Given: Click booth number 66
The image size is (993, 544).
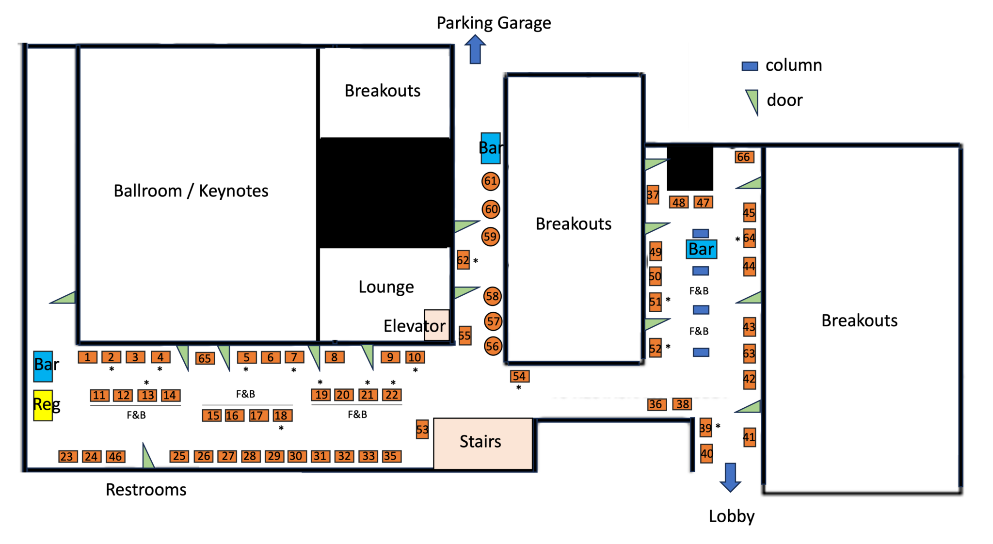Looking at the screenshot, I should pos(743,157).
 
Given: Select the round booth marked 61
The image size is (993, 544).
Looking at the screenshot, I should pos(490,181).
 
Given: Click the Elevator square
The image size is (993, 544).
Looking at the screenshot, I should pos(436,325).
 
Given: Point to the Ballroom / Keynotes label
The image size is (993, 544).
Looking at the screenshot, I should pos(191,191).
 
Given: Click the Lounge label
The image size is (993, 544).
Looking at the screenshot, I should pos(386,287).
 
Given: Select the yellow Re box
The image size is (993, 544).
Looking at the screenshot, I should pos(43,405).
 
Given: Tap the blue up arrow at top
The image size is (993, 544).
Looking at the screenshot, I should pos(475,49).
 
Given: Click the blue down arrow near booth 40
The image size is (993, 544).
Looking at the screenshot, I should pos(730,477).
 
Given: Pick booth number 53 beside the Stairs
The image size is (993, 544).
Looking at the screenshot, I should pos(422,430).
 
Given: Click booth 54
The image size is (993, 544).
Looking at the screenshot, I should pos(519,376).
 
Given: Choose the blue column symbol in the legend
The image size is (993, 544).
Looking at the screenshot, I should pos(750,66).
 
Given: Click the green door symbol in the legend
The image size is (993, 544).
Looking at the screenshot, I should pos(753,101).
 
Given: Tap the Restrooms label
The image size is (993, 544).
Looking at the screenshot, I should pos(146,490).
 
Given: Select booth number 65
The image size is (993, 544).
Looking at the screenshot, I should pos(205,358).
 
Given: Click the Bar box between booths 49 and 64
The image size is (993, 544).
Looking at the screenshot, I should pos(701,249).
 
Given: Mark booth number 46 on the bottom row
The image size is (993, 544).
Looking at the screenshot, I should pos(115,457).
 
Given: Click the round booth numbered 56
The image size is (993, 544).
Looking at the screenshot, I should pos(493,346).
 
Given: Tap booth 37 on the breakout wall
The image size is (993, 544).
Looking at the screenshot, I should pos(653,195).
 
